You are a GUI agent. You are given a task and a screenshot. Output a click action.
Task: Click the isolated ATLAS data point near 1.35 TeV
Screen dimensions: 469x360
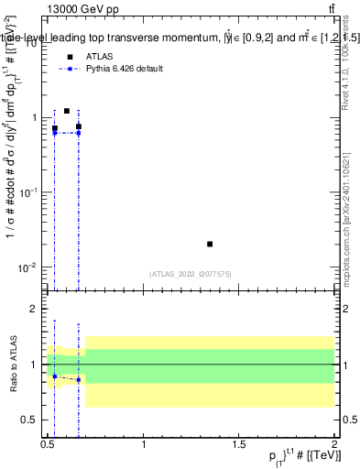[x=210, y=244]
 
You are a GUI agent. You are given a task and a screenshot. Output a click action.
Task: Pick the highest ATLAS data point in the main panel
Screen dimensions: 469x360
[x=67, y=111]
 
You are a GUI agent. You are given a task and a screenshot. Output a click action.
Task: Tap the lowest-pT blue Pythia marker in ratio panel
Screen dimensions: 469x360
[x=55, y=376]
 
